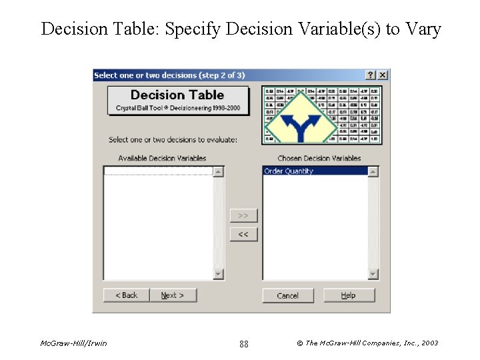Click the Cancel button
[x=287, y=295]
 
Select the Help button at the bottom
[x=349, y=295]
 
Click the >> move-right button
[x=243, y=216]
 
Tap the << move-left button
[x=243, y=235]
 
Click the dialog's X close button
[x=383, y=75]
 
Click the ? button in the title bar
[x=371, y=75]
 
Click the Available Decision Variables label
[x=162, y=159]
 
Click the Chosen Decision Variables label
[x=319, y=159]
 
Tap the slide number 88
[x=243, y=344]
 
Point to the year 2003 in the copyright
[x=430, y=343]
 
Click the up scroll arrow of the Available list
[x=218, y=172]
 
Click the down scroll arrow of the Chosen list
[x=373, y=274]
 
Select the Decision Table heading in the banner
[x=177, y=95]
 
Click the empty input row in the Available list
[x=158, y=171]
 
